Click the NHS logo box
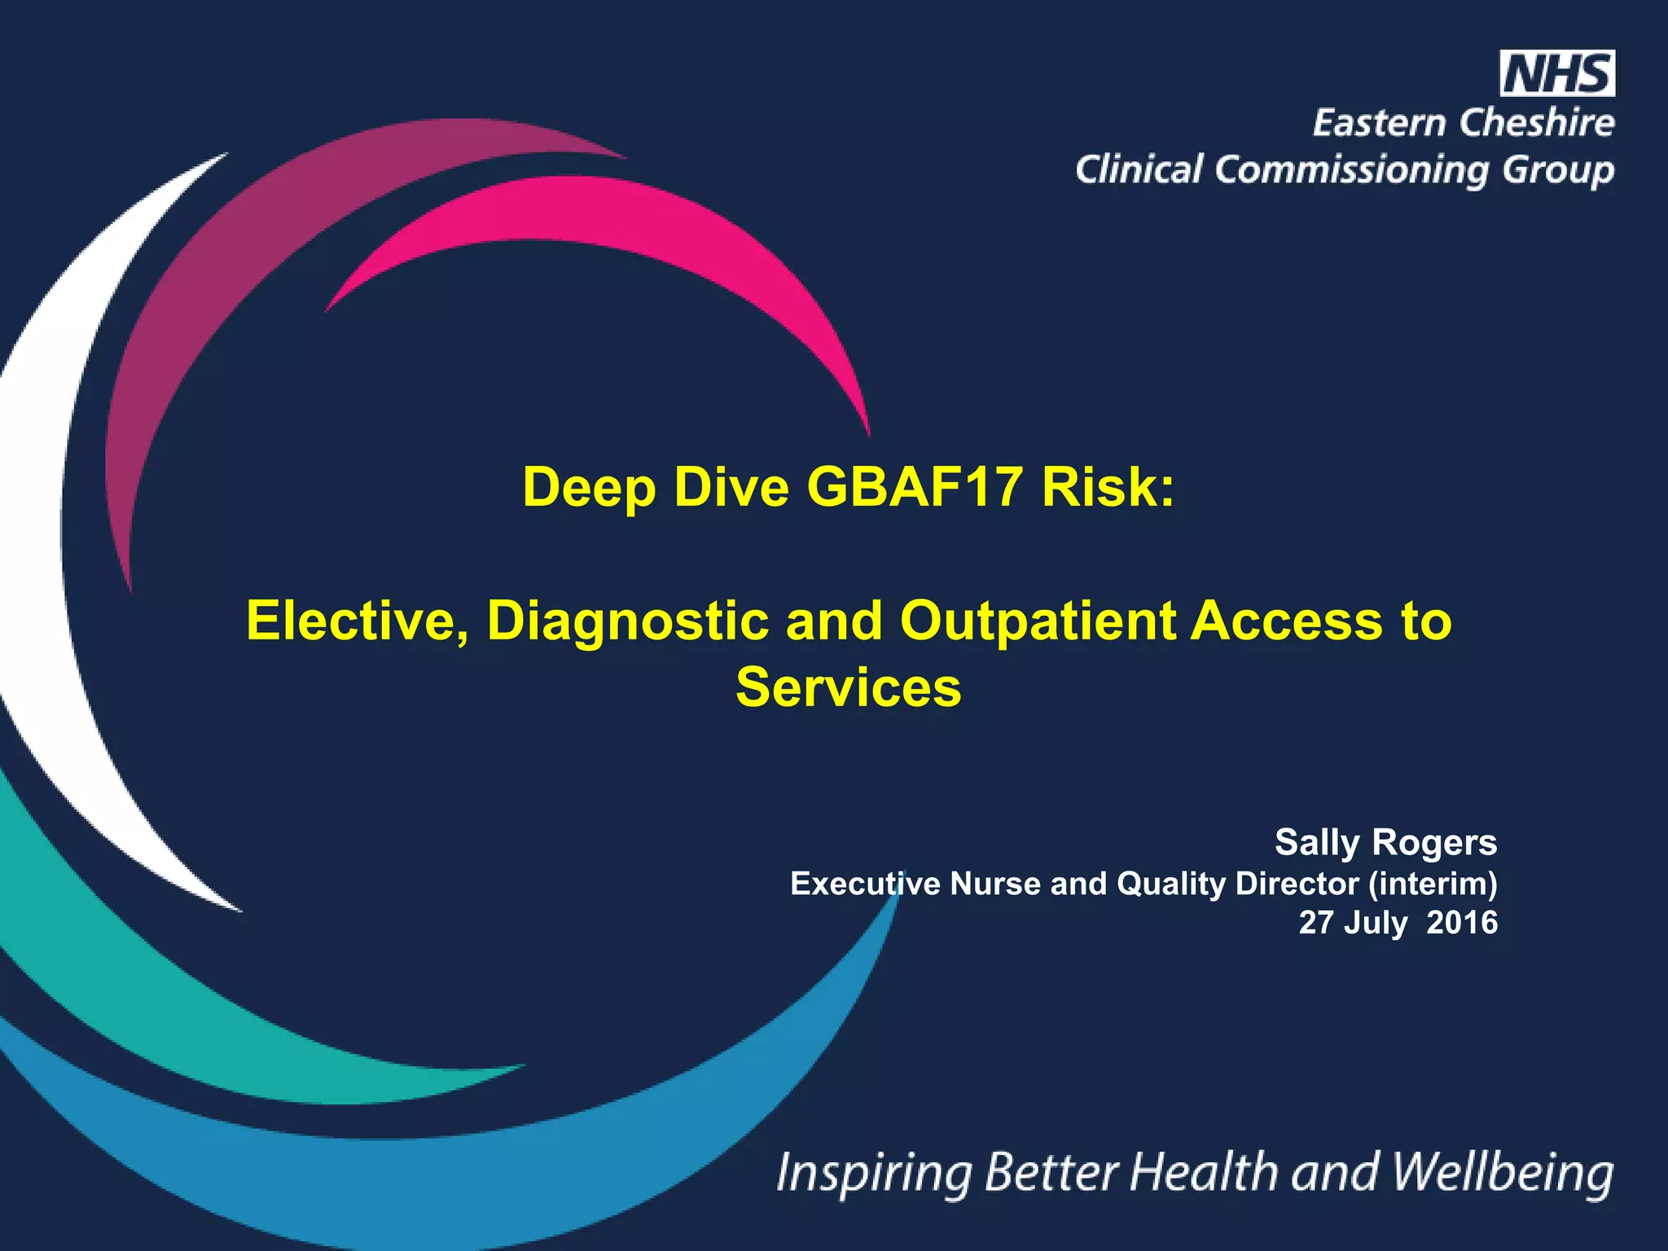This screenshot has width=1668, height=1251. pyautogui.click(x=1556, y=74)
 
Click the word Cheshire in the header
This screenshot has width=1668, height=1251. pyautogui.click(x=1536, y=123)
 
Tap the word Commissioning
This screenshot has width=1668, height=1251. pyautogui.click(x=1353, y=170)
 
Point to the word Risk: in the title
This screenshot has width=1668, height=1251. pyautogui.click(x=1108, y=487)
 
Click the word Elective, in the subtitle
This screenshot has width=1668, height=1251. pyautogui.click(x=358, y=621)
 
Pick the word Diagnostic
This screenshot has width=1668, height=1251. pyautogui.click(x=627, y=621)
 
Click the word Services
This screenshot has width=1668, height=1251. pyautogui.click(x=848, y=687)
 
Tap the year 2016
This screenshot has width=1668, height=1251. pyautogui.click(x=1462, y=922)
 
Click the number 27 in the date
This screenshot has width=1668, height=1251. pyautogui.click(x=1316, y=922)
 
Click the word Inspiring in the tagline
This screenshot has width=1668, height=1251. pyautogui.click(x=874, y=1173)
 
